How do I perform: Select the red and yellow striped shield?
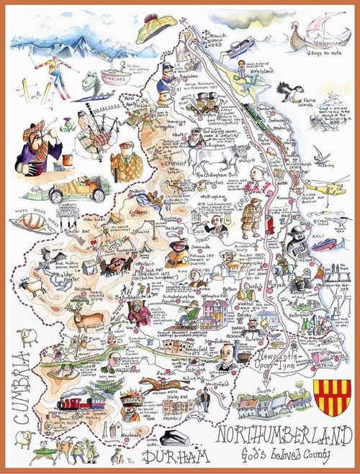pos(328,399)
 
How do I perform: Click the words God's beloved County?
pos(284,457)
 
